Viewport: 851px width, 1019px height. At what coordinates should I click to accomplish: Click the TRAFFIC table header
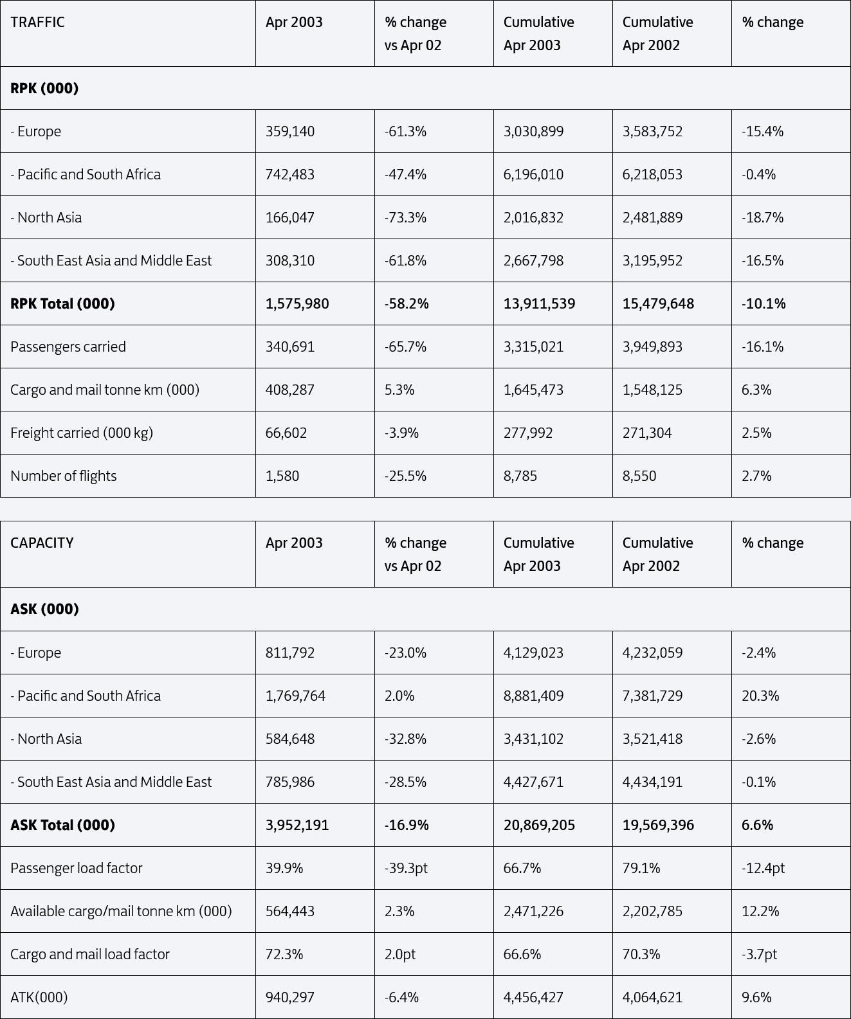[x=37, y=22]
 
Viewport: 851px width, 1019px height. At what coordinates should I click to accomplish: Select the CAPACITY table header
[x=42, y=543]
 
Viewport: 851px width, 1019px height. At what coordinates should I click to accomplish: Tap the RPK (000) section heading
[x=44, y=88]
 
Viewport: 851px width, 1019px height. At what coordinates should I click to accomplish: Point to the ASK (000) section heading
[x=44, y=609]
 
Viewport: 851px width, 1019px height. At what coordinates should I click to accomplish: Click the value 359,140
[x=290, y=131]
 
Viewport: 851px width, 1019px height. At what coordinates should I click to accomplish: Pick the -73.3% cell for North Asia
[x=405, y=217]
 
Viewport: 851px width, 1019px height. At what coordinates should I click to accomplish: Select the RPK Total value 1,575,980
[x=297, y=303]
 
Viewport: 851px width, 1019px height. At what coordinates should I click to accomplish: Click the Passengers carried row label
[x=68, y=347]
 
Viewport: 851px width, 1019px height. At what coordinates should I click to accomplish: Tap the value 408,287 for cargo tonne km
[x=290, y=390]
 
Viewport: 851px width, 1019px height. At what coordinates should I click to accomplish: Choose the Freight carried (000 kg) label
[x=82, y=433]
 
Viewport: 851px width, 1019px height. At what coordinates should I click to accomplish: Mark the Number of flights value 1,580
[x=282, y=476]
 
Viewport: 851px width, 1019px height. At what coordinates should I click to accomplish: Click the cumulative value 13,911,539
[x=540, y=303]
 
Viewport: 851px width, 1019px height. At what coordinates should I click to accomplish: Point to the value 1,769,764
[x=295, y=696]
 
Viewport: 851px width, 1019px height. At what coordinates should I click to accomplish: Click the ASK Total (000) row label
[x=62, y=825]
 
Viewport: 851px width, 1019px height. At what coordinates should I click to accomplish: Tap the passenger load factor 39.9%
[x=284, y=868]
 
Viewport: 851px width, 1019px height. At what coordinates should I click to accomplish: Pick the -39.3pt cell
[x=407, y=868]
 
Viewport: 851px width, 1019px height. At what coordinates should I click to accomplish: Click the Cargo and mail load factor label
[x=90, y=954]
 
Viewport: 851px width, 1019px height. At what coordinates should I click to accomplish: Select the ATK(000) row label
[x=39, y=997]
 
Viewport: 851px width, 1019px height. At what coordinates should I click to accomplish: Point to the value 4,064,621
[x=652, y=997]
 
